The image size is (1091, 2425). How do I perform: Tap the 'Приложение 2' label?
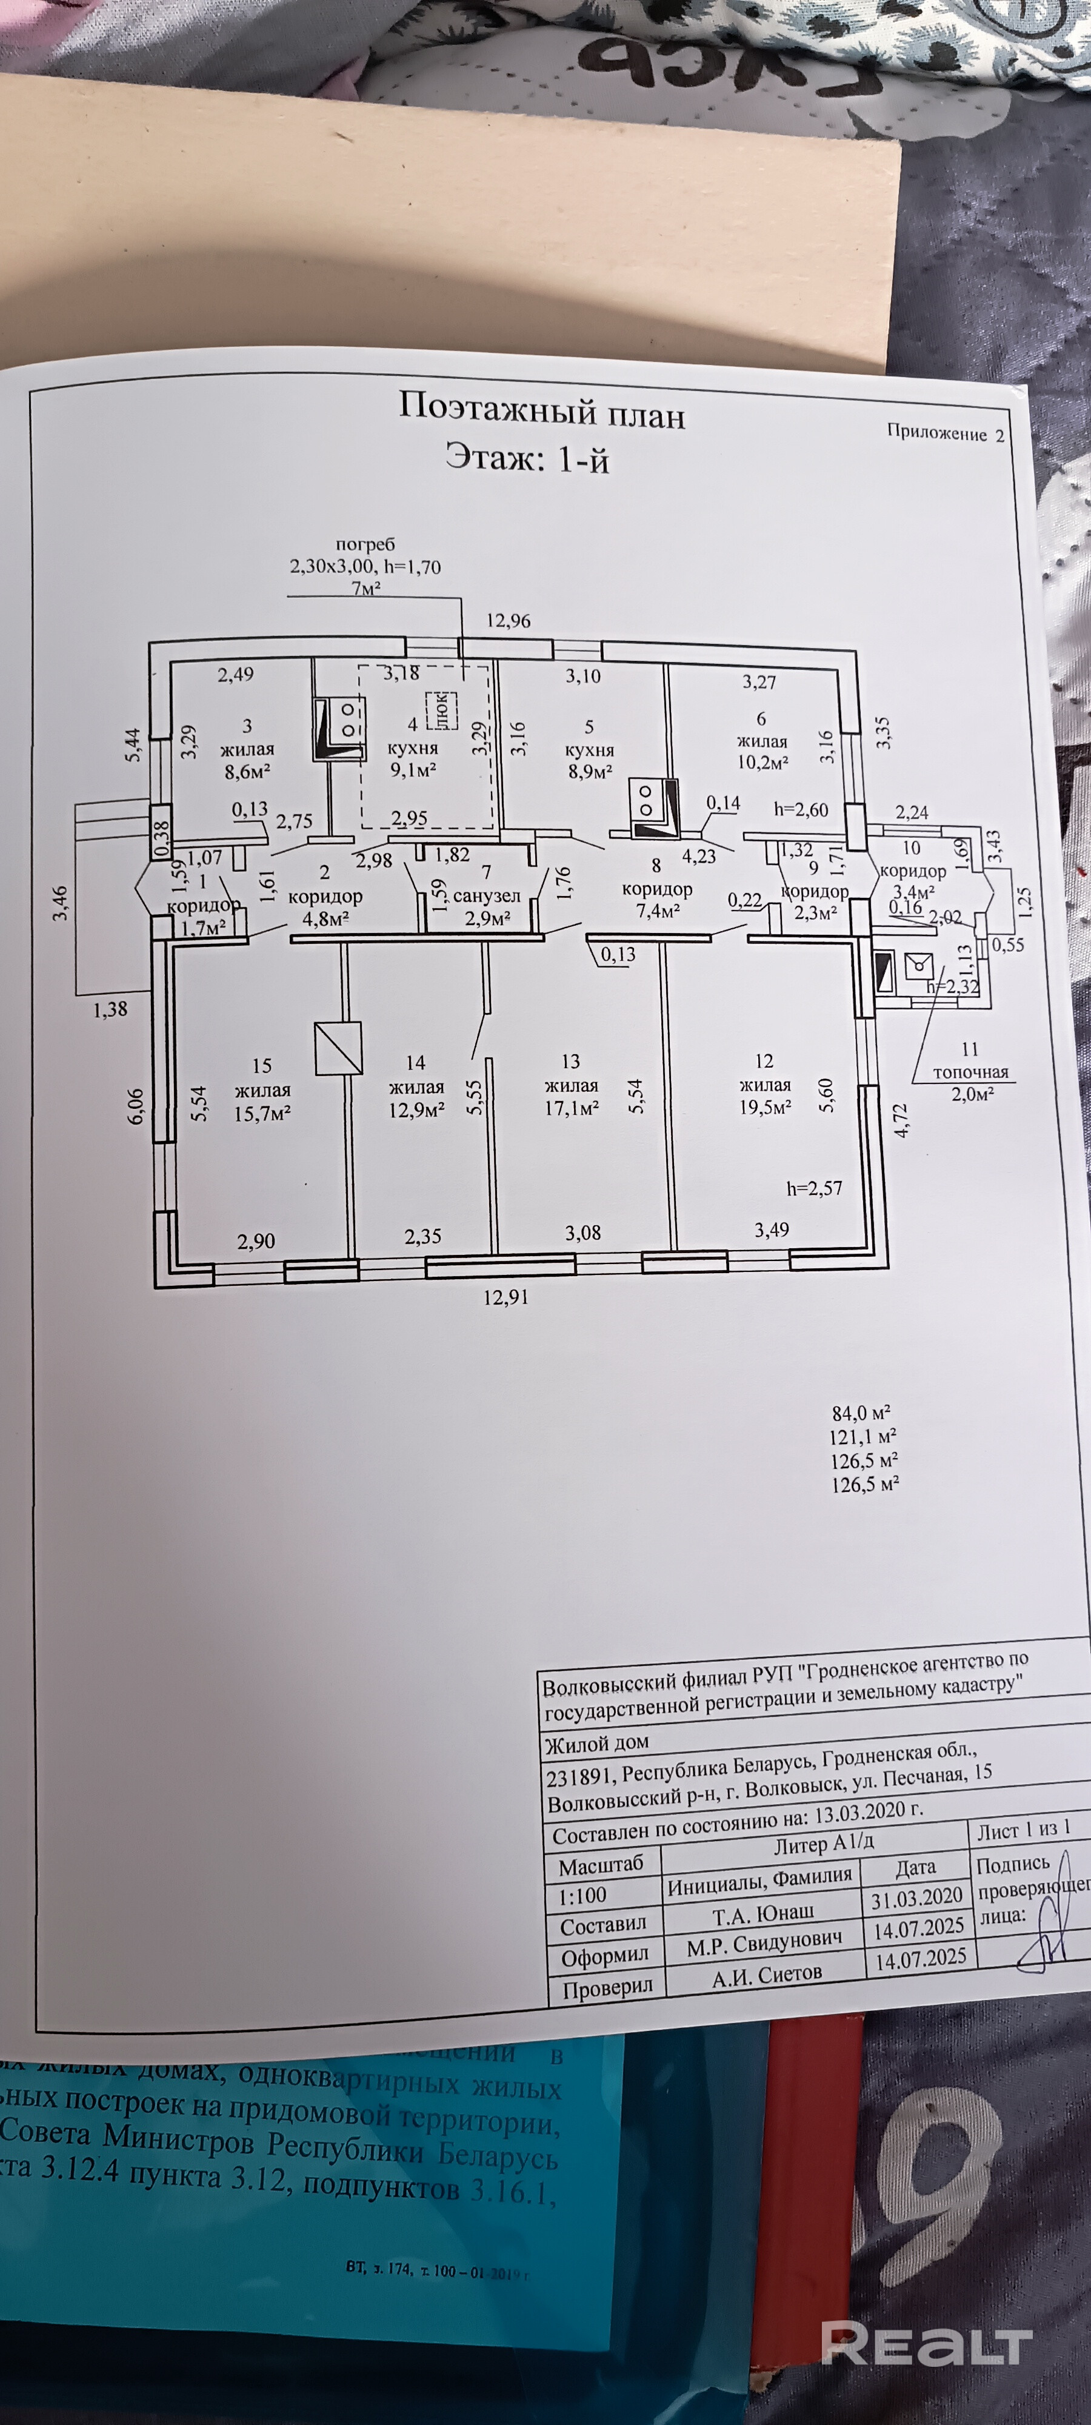click(x=945, y=433)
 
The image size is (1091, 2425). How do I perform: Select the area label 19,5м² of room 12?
click(x=766, y=1107)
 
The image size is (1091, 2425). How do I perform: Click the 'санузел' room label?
click(x=487, y=895)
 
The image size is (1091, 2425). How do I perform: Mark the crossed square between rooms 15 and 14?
click(x=338, y=1048)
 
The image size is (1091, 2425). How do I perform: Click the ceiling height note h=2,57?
click(x=814, y=1188)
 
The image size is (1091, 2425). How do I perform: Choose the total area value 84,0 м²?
click(x=860, y=1413)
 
